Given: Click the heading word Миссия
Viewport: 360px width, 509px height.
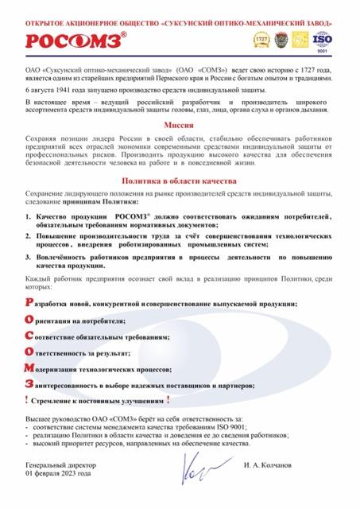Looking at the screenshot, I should (180, 126).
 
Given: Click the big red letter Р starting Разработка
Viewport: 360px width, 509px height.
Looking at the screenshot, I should (29, 303).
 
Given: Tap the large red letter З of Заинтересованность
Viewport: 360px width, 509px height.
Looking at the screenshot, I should (29, 384).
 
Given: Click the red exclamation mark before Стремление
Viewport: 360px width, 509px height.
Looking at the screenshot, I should (28, 400).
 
